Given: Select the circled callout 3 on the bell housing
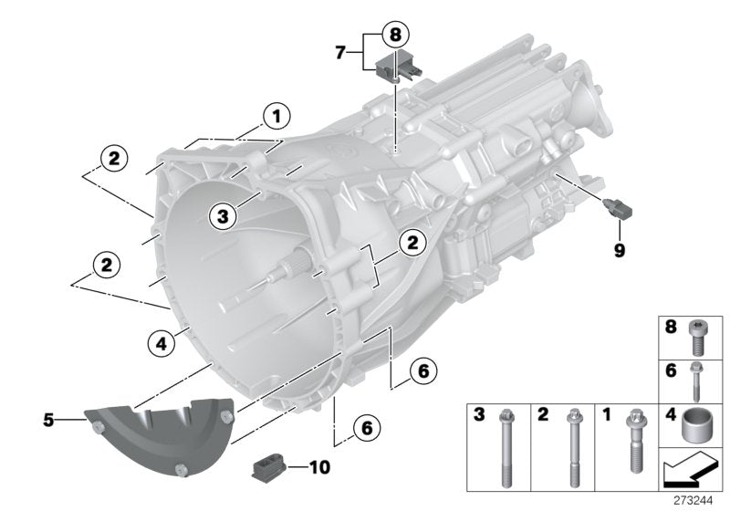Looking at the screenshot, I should (x=222, y=215).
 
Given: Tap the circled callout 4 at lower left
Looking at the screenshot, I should (x=160, y=344).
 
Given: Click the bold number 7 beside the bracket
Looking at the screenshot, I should (x=341, y=54).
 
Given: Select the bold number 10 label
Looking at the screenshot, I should (x=318, y=468).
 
